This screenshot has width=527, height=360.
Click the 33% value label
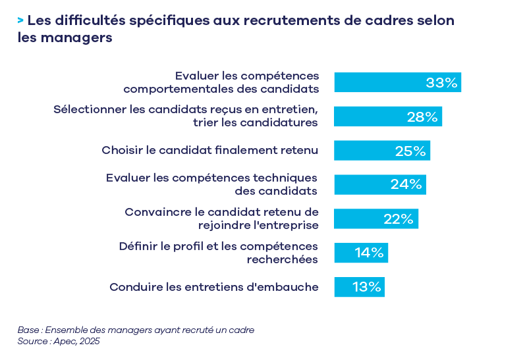pyautogui.click(x=441, y=83)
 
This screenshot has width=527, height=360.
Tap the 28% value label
pyautogui.click(x=422, y=117)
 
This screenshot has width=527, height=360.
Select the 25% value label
pyautogui.click(x=410, y=151)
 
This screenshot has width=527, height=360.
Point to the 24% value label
pyautogui.click(x=406, y=185)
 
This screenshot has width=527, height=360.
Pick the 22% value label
pyautogui.click(x=398, y=219)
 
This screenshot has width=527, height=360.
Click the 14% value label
pyautogui.click(x=369, y=253)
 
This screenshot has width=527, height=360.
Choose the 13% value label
pyautogui.click(x=366, y=287)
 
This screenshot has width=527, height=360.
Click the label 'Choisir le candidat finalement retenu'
pyautogui.click(x=210, y=150)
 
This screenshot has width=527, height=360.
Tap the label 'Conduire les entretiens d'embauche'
pyautogui.click(x=214, y=287)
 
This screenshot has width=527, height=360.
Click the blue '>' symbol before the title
pyautogui.click(x=21, y=20)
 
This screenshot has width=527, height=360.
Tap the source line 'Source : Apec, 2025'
pyautogui.click(x=59, y=342)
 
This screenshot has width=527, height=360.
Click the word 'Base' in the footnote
pyautogui.click(x=28, y=330)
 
